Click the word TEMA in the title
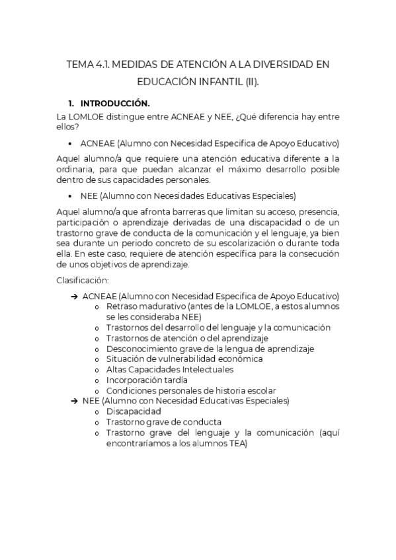click(81, 65)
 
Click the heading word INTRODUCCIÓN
click(115, 104)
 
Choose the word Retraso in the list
click(122, 306)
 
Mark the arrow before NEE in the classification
click(73, 401)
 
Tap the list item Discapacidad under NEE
click(133, 411)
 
